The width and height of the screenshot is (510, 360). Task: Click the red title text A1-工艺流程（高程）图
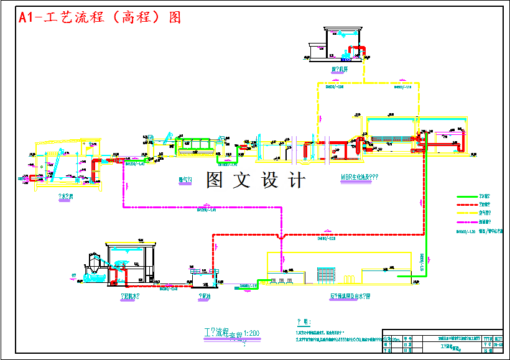[x=100, y=17]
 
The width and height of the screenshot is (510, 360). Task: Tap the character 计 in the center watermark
[x=297, y=180]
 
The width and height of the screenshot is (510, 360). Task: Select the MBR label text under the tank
[x=359, y=177]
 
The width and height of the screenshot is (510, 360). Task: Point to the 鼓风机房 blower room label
[x=339, y=69]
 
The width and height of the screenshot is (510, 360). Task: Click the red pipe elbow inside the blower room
[x=357, y=49]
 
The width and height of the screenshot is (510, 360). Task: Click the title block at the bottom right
[x=442, y=342]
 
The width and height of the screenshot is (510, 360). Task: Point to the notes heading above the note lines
[x=303, y=322]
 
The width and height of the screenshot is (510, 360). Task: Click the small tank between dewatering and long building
[x=203, y=278]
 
